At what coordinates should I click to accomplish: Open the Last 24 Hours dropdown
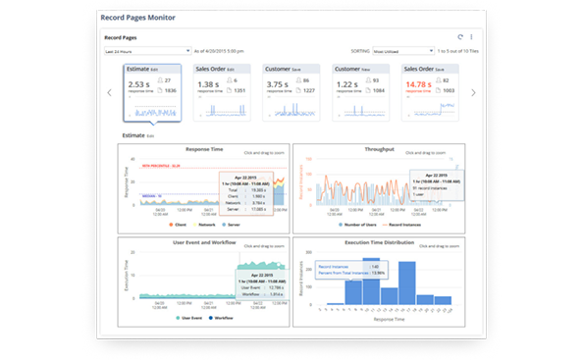[147, 50]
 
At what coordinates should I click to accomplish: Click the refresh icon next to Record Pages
[459, 36]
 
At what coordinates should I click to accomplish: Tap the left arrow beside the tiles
[109, 93]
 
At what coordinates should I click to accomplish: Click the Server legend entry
[236, 225]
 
